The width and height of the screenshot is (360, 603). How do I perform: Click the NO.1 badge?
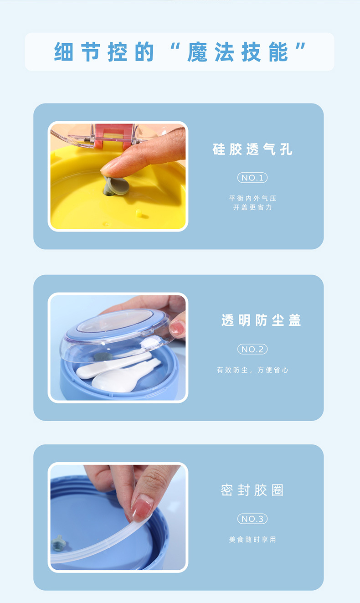[252, 178]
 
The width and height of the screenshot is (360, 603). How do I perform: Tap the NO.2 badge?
[252, 349]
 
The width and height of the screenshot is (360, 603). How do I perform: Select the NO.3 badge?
[252, 519]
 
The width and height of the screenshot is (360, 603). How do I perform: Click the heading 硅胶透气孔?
[252, 149]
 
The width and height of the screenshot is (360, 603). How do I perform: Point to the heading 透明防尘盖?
[261, 320]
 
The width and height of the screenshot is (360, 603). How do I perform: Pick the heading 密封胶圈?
[252, 490]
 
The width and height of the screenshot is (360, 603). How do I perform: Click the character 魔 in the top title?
[197, 52]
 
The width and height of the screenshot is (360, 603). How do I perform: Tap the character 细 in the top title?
[63, 52]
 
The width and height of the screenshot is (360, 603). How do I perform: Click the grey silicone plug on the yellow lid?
[116, 186]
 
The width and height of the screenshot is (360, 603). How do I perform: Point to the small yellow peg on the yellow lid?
[139, 213]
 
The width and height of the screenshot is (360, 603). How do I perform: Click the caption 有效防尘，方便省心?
[252, 370]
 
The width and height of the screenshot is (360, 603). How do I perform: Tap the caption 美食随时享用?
[252, 540]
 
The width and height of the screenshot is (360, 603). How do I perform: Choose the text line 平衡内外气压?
[252, 198]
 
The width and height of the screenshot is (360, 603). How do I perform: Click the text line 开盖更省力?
[252, 207]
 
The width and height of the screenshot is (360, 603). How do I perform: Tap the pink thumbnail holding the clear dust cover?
[177, 328]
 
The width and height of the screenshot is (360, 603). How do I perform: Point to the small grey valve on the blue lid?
[58, 543]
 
